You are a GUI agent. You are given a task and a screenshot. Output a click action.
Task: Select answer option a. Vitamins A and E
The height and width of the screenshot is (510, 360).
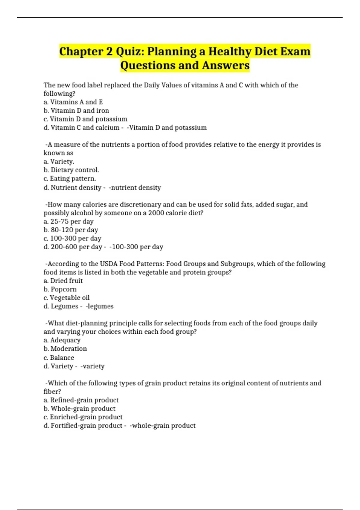pyautogui.click(x=73, y=102)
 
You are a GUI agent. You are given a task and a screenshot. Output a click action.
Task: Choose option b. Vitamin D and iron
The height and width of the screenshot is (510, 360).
pyautogui.click(x=76, y=110)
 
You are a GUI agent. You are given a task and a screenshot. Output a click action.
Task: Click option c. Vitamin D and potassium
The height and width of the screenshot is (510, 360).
pyautogui.click(x=85, y=119)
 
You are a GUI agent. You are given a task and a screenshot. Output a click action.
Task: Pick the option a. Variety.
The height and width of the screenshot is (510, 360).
pyautogui.click(x=59, y=161)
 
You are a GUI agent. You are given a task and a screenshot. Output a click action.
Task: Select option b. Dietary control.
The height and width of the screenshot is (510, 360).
pyautogui.click(x=71, y=170)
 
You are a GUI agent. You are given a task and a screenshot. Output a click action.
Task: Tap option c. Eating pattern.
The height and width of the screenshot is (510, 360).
pyautogui.click(x=70, y=178)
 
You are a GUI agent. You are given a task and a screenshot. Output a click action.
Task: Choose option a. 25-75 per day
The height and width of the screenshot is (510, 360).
pyautogui.click(x=68, y=221)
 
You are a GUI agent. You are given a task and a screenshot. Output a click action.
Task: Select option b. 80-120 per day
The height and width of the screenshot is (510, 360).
pyautogui.click(x=71, y=230)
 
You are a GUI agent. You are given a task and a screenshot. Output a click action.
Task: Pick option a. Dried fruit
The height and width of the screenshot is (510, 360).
pyautogui.click(x=63, y=281)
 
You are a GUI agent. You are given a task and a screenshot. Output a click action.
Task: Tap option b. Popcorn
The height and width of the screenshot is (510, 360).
pyautogui.click(x=60, y=289)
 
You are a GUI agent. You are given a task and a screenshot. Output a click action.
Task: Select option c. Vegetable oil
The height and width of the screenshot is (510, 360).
pyautogui.click(x=67, y=298)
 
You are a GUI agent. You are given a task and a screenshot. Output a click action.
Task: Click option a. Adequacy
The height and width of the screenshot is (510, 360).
pyautogui.click(x=62, y=340)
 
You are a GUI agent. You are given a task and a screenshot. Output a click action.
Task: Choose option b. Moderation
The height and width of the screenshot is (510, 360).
pyautogui.click(x=65, y=349)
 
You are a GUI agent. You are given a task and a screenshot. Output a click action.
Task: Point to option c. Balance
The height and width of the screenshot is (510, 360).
pyautogui.click(x=59, y=358)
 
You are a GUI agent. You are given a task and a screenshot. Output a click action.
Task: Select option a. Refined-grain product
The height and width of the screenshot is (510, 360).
pyautogui.click(x=81, y=400)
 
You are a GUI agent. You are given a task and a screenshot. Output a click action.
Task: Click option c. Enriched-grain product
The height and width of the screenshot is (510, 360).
pyautogui.click(x=83, y=417)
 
